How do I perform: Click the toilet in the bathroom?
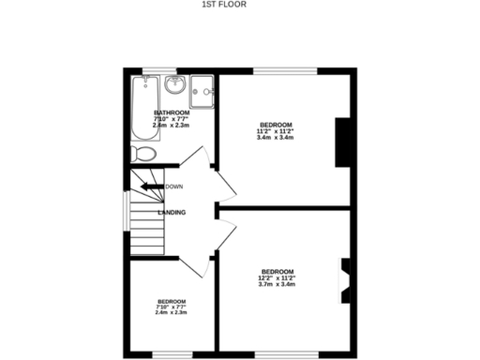[x=142, y=153]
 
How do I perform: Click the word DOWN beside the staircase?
[x=173, y=187]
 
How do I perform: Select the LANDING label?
[x=172, y=213]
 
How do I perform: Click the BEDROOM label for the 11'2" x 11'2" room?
[x=276, y=125]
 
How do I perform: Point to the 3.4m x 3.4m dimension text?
[x=276, y=139]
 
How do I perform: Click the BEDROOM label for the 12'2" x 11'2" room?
[x=277, y=271]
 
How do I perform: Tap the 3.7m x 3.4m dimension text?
[x=277, y=284]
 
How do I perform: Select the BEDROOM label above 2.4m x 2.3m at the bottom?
[x=171, y=301]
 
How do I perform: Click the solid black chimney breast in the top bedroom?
[x=345, y=143]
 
